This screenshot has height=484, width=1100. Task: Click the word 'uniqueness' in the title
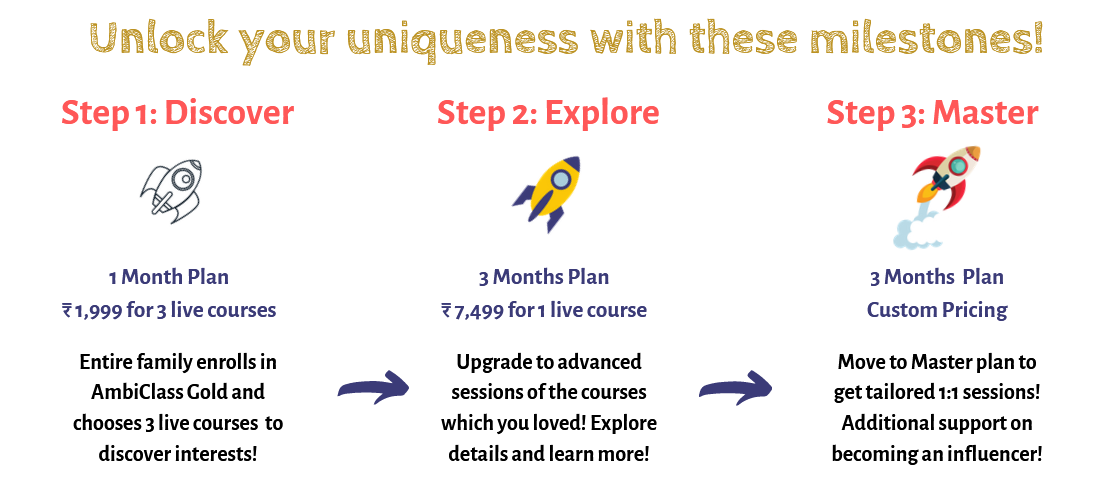pyautogui.click(x=461, y=39)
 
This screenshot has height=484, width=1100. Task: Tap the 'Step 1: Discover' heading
pyautogui.click(x=177, y=113)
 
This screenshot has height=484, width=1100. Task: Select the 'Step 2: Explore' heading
pyautogui.click(x=548, y=113)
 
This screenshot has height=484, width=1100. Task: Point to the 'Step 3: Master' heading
pyautogui.click(x=932, y=113)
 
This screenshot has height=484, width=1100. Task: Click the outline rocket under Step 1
pyautogui.click(x=172, y=191)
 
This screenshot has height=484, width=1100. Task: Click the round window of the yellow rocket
pyautogui.click(x=560, y=180)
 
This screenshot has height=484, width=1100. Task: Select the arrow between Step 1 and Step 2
pyautogui.click(x=373, y=388)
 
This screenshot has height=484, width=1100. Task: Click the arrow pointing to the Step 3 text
pyautogui.click(x=735, y=388)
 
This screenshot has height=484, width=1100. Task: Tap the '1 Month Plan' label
pyautogui.click(x=168, y=277)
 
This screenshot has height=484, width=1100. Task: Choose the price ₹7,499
pyautogui.click(x=473, y=310)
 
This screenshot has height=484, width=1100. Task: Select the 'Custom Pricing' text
pyautogui.click(x=937, y=310)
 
